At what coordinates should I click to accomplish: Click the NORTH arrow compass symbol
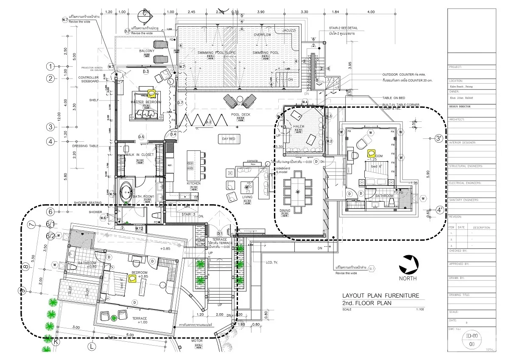click(408, 264)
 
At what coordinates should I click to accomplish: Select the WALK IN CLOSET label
click(140, 155)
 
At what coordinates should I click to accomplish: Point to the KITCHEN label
click(193, 183)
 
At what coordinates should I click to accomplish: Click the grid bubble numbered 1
click(50, 66)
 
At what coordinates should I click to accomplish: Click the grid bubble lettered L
click(91, 346)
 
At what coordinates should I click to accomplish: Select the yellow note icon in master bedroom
click(151, 93)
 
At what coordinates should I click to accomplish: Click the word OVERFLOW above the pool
click(262, 34)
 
